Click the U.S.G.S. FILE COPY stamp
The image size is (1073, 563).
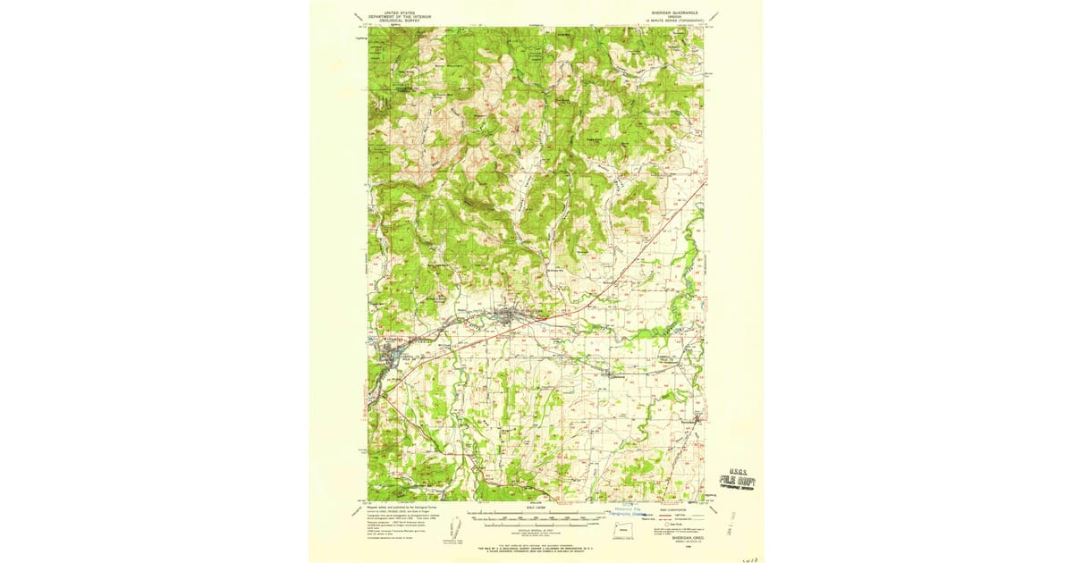click(739, 479)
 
